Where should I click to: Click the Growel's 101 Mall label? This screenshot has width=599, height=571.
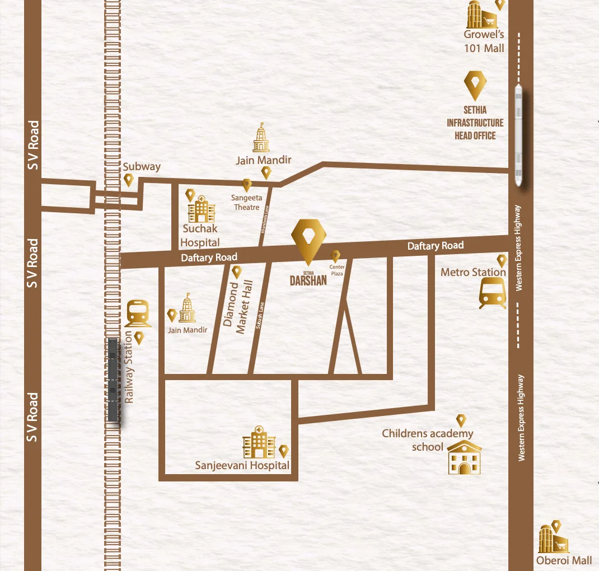(x=484, y=41)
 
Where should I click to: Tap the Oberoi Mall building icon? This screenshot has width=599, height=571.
(x=553, y=540)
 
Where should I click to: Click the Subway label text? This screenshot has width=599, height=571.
(x=142, y=166)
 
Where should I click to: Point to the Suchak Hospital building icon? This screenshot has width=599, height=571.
(x=202, y=209)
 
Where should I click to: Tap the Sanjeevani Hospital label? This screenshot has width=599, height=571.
(x=242, y=465)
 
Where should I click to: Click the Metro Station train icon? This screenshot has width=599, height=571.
(x=493, y=293)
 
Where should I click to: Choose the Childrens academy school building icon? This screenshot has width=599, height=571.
(x=465, y=457)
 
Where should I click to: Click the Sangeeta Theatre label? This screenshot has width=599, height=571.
(x=246, y=203)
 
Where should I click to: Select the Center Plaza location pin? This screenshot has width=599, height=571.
(x=335, y=256)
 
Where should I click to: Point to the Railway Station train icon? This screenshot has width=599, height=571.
(x=138, y=313)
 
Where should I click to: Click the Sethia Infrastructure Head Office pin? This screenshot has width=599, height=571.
(x=475, y=85)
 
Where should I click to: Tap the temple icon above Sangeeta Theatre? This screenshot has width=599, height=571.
(x=260, y=138)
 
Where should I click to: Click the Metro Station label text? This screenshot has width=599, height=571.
(x=473, y=272)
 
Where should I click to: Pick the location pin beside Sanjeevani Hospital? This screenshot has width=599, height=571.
(x=284, y=451)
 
